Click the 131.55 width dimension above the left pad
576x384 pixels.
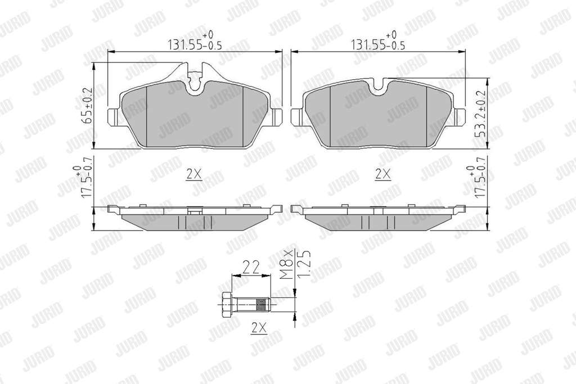pos(195,41)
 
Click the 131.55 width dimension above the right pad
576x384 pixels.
pos(379,41)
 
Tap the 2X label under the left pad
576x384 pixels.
pos(193,174)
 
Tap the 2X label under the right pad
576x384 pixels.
pos(382,174)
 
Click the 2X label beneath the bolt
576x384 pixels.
pos(259,327)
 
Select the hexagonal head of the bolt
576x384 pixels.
pos(227,304)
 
